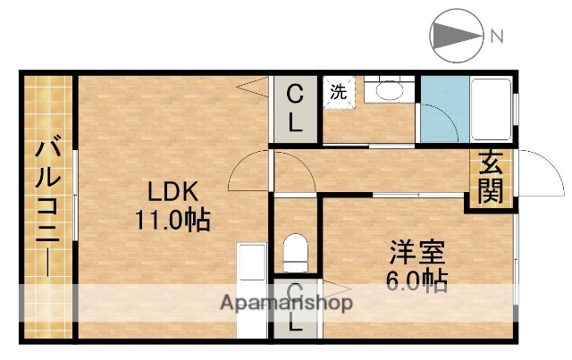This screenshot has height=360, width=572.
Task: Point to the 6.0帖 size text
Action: click(416, 280)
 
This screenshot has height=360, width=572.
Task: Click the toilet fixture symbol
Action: click(294, 251)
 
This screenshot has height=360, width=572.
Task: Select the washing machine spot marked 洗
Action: click(338, 92)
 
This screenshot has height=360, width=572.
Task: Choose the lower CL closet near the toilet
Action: click(294, 308)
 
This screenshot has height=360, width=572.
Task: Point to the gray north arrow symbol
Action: click(456, 37)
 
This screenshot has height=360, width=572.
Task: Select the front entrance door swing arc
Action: click(536, 174)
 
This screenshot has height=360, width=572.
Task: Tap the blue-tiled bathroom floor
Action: click(438, 112)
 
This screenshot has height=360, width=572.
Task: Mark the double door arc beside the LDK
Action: click(271, 174)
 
